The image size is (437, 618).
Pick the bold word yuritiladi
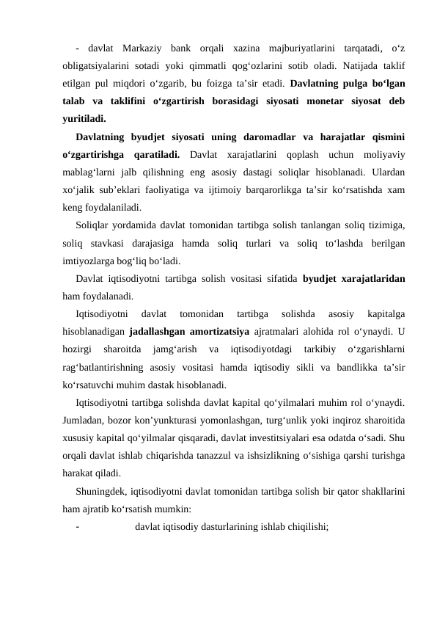84,117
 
